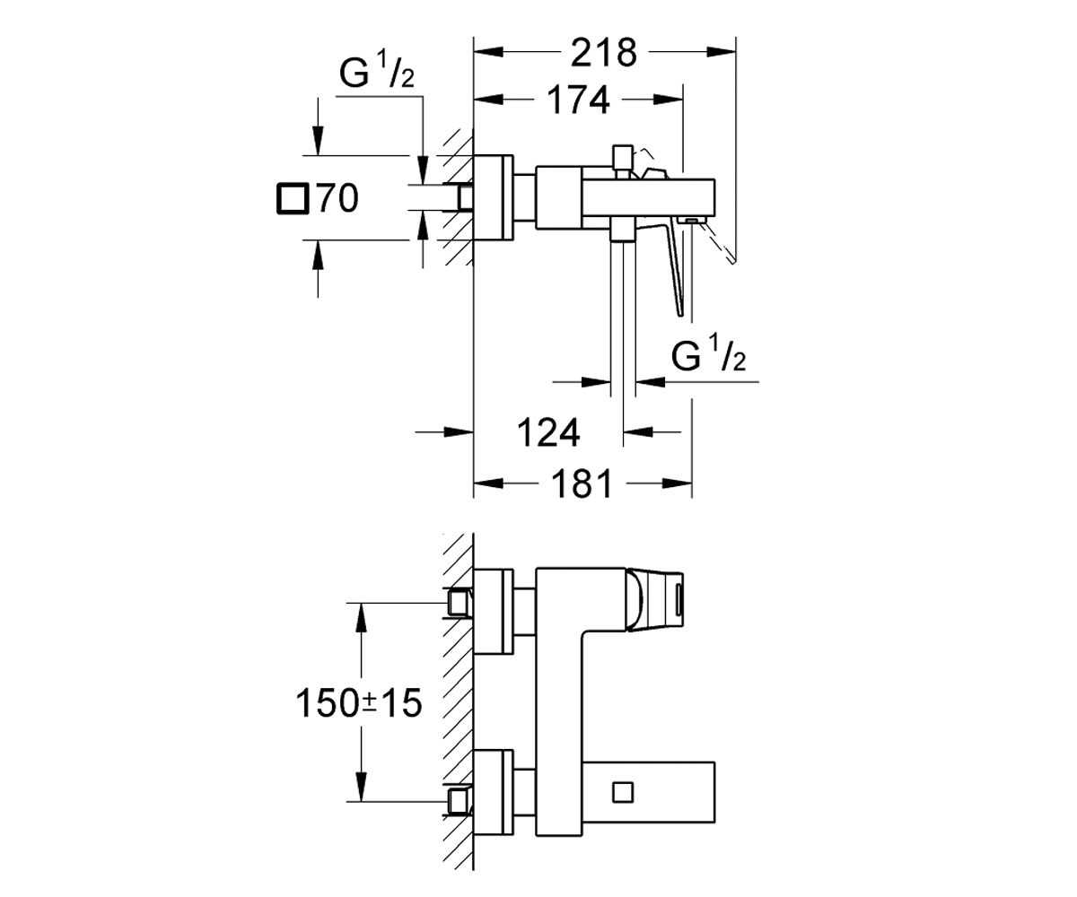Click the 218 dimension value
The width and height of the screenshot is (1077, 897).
(x=604, y=52)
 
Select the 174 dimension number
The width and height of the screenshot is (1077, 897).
(x=578, y=100)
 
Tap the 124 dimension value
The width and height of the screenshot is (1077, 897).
(x=548, y=432)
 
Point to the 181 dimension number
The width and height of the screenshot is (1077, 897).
(x=582, y=483)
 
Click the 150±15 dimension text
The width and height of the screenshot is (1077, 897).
(x=358, y=703)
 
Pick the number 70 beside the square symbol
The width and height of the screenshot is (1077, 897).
(x=337, y=198)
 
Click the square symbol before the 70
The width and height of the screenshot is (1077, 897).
(x=293, y=198)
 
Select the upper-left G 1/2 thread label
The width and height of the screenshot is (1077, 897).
(x=377, y=70)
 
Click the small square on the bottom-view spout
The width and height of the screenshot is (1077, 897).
(x=623, y=792)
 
